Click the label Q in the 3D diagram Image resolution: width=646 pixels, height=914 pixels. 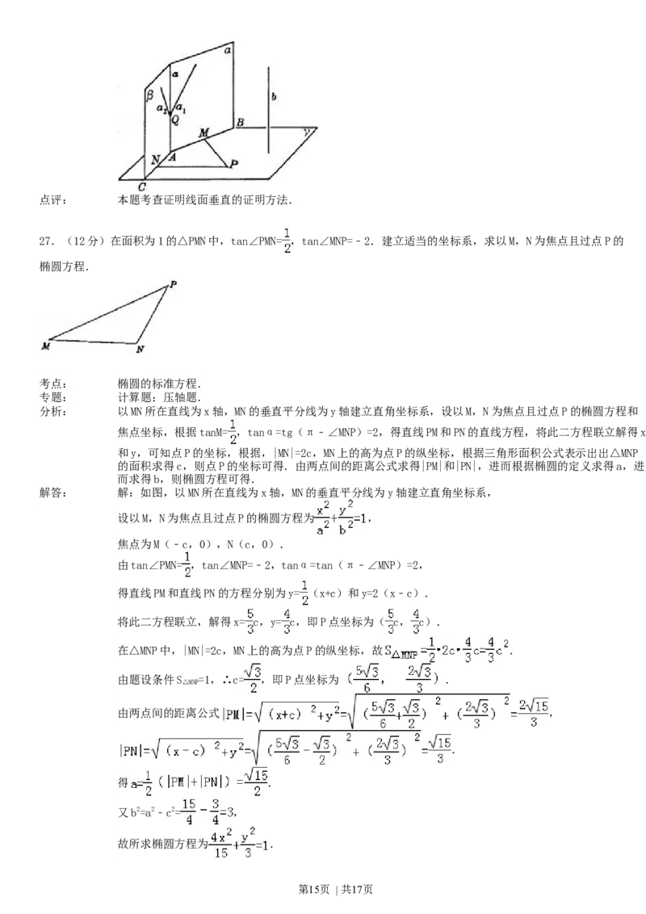(x=176, y=118)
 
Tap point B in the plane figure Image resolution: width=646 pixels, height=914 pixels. (x=240, y=122)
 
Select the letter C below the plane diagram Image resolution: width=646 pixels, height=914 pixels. (x=141, y=187)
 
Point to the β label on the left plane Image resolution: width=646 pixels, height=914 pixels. (x=149, y=95)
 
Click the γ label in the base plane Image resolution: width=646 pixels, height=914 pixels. (x=306, y=130)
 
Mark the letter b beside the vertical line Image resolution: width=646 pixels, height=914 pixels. (x=275, y=96)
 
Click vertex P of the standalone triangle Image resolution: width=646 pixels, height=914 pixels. (x=172, y=283)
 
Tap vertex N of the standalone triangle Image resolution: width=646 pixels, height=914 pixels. (x=140, y=349)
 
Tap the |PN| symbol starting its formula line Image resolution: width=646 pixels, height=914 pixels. (x=132, y=750)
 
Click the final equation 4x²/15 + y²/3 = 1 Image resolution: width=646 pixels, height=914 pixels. (x=237, y=844)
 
